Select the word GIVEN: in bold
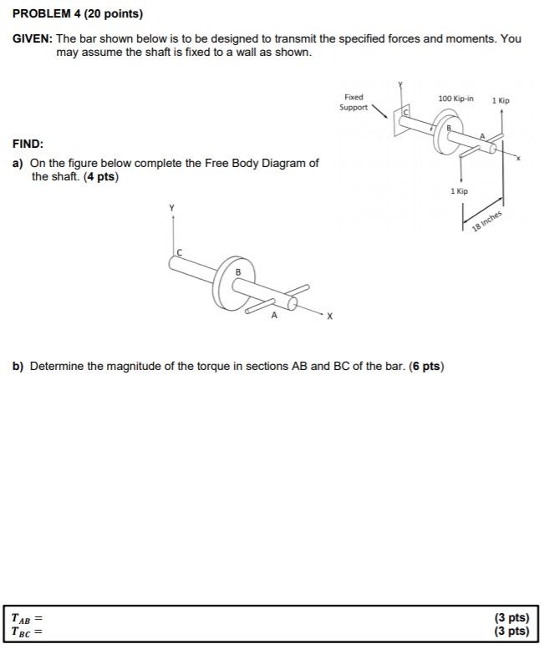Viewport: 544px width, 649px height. [x=33, y=38]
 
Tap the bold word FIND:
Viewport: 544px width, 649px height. [x=28, y=143]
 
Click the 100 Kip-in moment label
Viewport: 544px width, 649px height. [x=455, y=99]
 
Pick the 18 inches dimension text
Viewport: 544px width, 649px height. [x=486, y=219]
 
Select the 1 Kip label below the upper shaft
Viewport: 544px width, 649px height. [x=459, y=191]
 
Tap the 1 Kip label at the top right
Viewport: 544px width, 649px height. [x=501, y=100]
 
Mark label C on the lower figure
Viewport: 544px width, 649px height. [x=178, y=251]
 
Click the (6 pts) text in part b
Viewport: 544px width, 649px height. [x=427, y=366]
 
